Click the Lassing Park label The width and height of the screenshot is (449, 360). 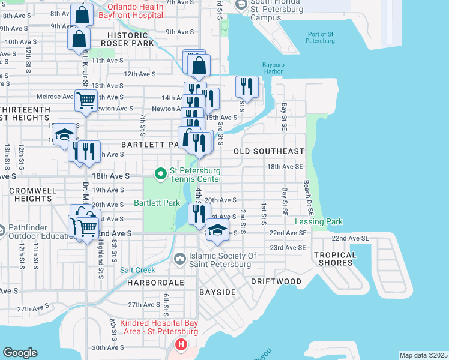click(x=319, y=221)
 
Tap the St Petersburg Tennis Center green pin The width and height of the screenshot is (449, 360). click(x=160, y=175)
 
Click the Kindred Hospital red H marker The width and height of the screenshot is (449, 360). click(x=181, y=345)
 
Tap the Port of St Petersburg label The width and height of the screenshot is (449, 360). click(x=320, y=37)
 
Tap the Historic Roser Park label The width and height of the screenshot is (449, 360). click(x=128, y=39)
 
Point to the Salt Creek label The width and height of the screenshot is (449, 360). click(x=137, y=270)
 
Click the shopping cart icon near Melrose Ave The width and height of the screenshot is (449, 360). click(x=86, y=100)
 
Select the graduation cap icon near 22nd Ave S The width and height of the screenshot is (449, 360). click(x=217, y=230)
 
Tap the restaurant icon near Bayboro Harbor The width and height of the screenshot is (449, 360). click(x=247, y=86)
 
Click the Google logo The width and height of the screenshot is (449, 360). click(x=20, y=353)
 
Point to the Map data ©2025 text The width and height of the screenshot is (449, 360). click(x=423, y=355)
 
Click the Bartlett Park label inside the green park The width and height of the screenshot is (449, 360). click(x=157, y=203)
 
